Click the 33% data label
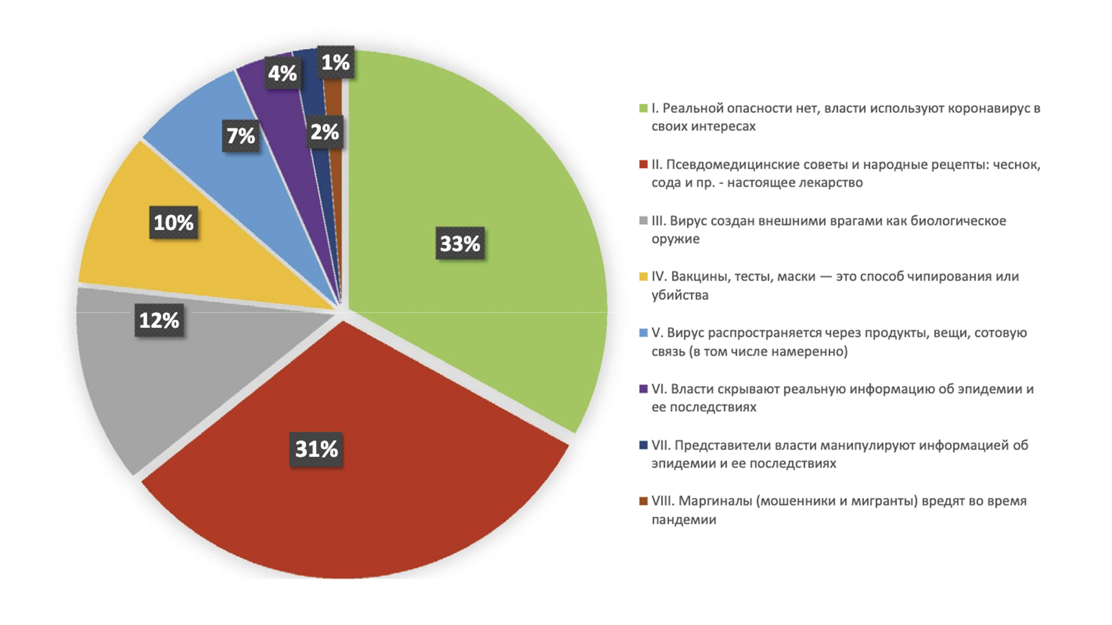(460, 244)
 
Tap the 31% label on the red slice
(316, 449)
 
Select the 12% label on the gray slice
(159, 320)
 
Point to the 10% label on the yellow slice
(174, 223)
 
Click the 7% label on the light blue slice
(240, 136)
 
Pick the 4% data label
(282, 73)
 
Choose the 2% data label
(324, 133)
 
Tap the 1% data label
(336, 62)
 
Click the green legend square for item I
(643, 108)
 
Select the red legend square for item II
(643, 164)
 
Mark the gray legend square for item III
(643, 220)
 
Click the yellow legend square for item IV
(643, 277)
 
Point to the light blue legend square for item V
(643, 333)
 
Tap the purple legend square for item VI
(643, 389)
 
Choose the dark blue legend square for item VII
(643, 445)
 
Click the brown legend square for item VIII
(643, 501)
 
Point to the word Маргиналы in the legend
(715, 501)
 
